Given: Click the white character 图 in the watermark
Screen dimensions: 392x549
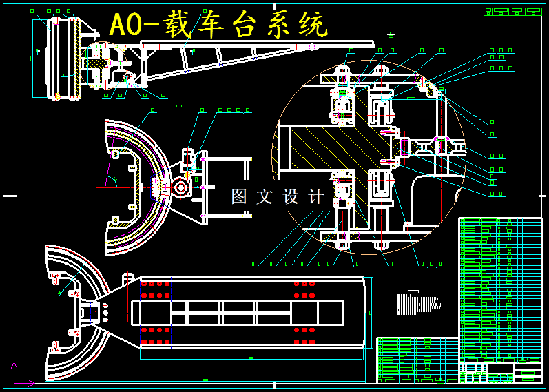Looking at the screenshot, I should point(239,196).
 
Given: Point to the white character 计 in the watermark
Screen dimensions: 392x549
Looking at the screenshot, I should point(316,196).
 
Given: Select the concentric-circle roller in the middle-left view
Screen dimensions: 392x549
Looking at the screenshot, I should point(181,187).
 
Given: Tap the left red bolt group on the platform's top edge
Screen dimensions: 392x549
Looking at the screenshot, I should point(155,289).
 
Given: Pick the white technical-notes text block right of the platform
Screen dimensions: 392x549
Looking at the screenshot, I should point(418,303).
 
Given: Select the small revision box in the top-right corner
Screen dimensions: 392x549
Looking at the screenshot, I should point(512,11).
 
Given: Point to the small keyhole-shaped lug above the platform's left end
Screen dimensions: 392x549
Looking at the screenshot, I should point(127,278).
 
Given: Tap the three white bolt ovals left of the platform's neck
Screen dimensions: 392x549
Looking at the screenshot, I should point(105,311).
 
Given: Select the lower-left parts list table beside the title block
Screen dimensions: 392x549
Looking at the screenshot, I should point(417,360).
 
